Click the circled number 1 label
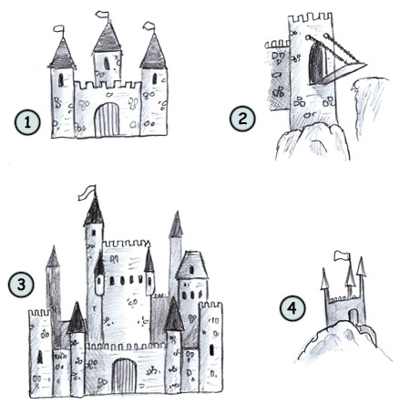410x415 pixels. tap(26, 119)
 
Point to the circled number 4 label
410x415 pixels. tap(292, 308)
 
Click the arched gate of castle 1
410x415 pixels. tap(108, 119)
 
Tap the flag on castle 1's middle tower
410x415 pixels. tap(102, 15)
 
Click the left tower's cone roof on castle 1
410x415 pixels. tap(62, 54)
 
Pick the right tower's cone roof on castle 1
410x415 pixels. tap(153, 52)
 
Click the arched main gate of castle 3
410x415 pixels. tap(125, 378)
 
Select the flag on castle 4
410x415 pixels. tap(342, 255)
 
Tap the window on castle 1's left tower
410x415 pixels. tap(61, 80)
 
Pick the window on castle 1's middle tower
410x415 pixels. tap(106, 63)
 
